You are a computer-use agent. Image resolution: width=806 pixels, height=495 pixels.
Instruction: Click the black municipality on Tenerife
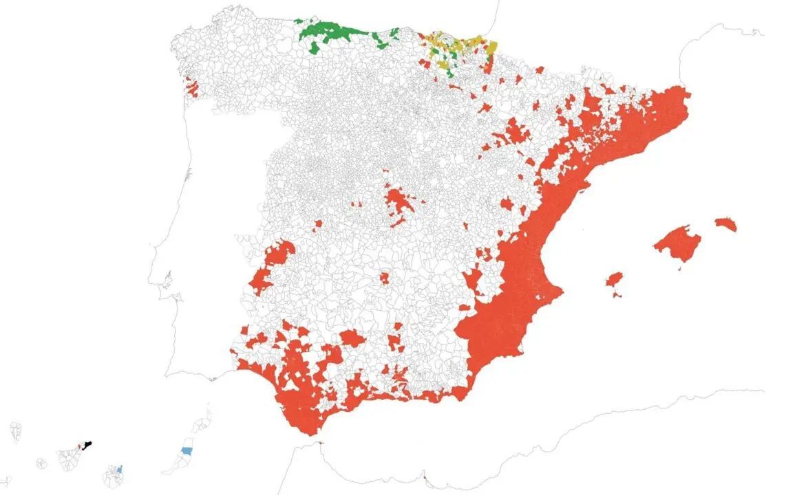click(88, 445)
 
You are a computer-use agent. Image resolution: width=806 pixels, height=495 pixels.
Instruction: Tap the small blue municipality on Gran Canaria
click(120, 470)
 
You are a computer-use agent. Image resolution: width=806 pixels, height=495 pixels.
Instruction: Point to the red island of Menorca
click(725, 223)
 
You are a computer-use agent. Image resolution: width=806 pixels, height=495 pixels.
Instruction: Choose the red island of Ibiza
click(614, 280)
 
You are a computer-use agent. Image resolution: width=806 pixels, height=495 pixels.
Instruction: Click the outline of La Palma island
click(15, 432)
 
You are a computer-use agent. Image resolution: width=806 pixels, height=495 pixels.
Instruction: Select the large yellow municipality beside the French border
click(491, 47)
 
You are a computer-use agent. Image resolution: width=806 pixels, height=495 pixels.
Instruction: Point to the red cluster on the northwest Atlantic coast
click(192, 88)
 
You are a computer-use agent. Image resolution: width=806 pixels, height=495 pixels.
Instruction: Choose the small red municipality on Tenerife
click(81, 447)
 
